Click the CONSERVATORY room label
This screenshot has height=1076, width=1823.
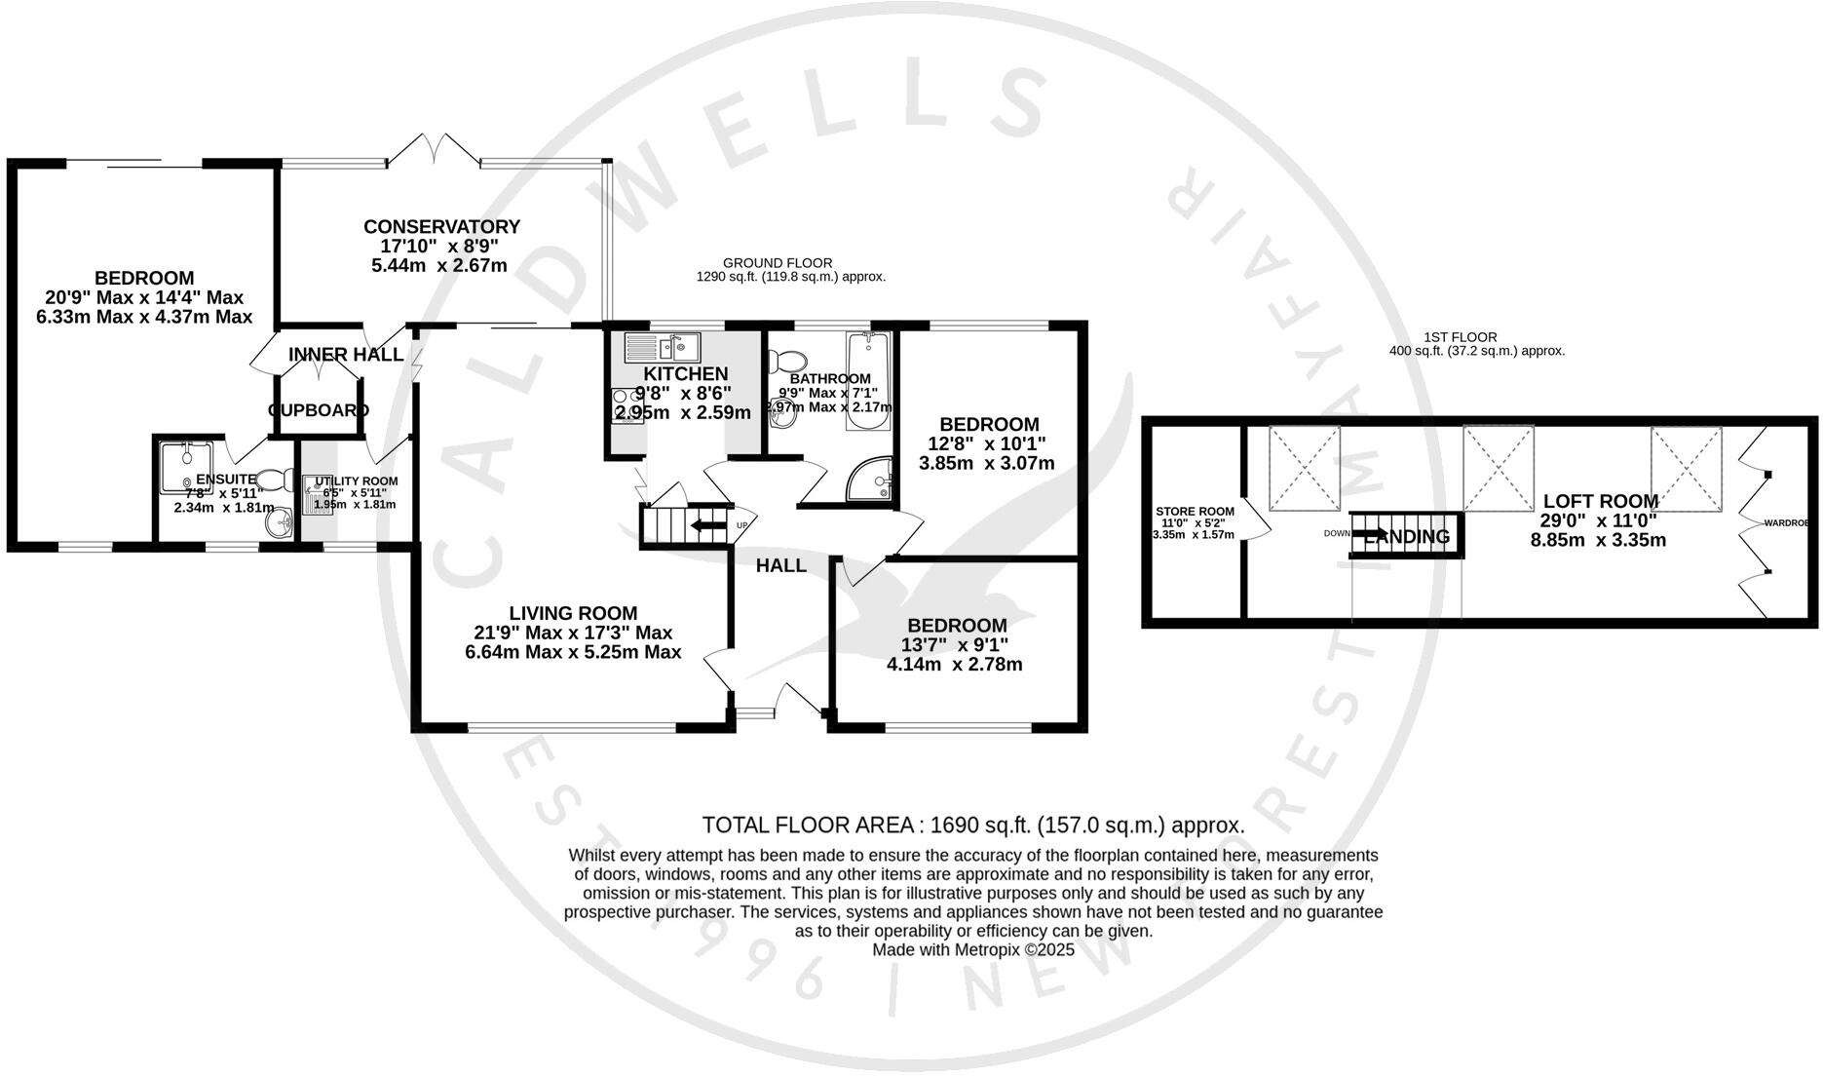(441, 226)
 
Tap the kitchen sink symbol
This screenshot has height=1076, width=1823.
(662, 345)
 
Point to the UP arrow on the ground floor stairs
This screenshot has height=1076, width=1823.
(708, 526)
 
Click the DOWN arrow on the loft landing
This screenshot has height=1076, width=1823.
(1376, 533)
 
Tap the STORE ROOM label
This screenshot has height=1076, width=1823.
(1195, 511)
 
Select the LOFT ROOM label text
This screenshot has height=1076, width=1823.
(1600, 502)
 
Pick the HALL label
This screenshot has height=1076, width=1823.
(780, 565)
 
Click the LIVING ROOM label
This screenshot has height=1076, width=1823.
(573, 613)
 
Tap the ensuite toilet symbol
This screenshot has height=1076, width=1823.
(276, 479)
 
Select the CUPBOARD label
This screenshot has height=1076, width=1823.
(319, 410)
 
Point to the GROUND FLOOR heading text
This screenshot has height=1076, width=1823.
(777, 263)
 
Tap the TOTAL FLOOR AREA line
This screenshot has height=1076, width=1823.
(972, 826)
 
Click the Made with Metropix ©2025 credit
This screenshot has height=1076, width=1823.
(972, 949)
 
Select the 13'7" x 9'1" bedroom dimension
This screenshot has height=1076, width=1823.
(955, 645)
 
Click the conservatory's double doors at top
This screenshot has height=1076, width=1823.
(435, 149)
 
